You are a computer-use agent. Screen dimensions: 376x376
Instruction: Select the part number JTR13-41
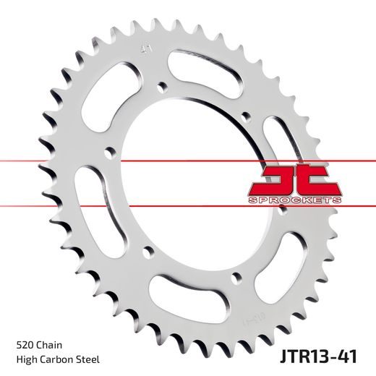pyautogui.click(x=318, y=357)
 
